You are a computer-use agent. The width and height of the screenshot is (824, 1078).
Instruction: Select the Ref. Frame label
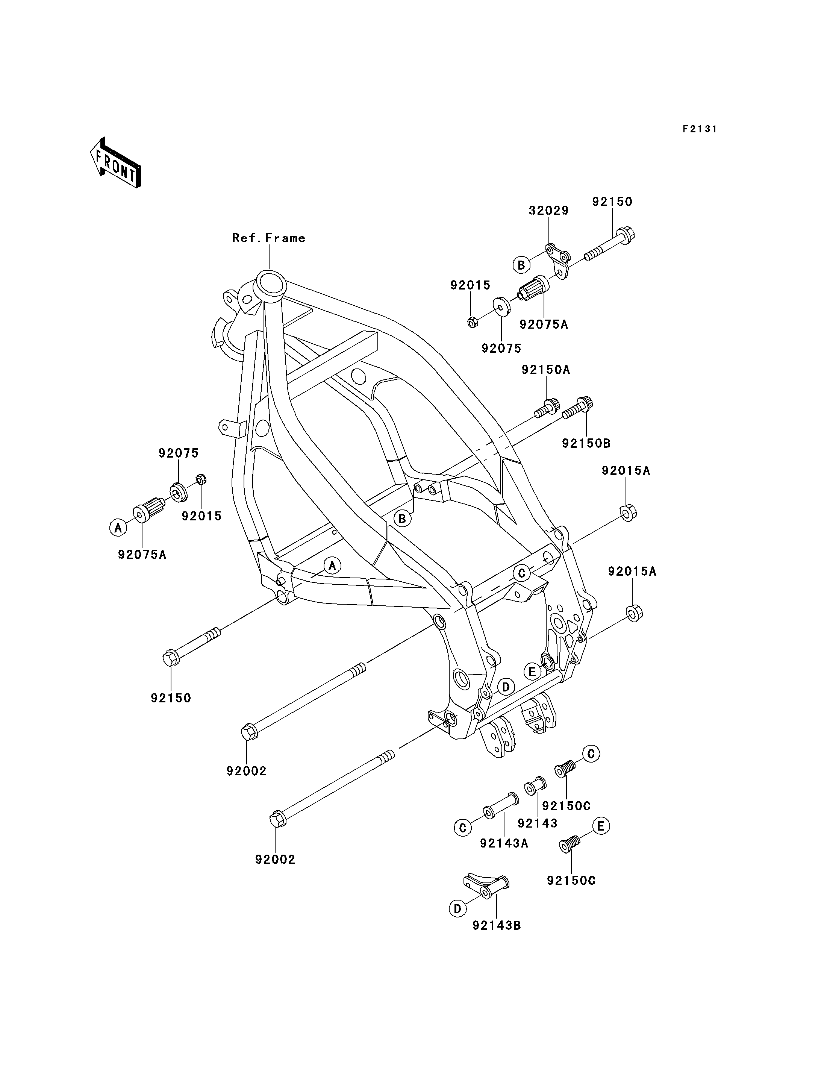pos(269,238)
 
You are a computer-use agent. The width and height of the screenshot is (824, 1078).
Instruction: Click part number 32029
pos(548,211)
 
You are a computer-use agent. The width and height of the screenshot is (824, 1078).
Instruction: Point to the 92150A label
pos(546,370)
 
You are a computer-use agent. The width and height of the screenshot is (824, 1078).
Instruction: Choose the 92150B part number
pos(586,444)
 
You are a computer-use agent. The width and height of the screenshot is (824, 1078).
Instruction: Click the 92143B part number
pos(496,925)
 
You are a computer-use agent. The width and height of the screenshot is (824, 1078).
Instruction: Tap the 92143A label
pos(504,843)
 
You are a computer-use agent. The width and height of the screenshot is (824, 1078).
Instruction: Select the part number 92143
pos(538,823)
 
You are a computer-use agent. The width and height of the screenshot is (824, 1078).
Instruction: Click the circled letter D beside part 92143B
pos(457,909)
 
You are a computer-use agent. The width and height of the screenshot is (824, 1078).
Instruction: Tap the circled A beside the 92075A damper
pos(118,528)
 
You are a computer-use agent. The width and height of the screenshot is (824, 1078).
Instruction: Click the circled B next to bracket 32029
pos(521,265)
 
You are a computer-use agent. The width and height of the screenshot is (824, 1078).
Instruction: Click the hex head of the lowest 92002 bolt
pos(277,819)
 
